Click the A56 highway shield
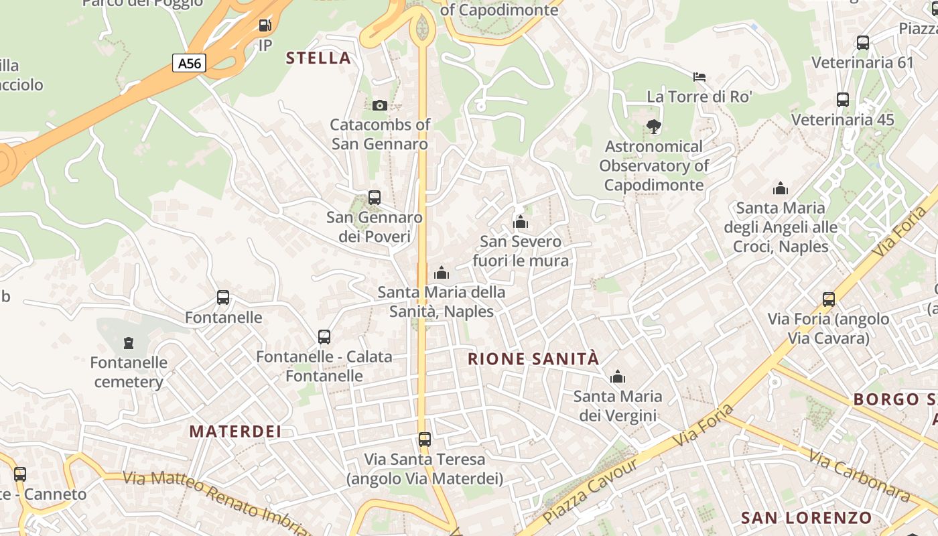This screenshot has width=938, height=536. pyautogui.click(x=189, y=64)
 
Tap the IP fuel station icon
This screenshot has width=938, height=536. pyautogui.click(x=265, y=26)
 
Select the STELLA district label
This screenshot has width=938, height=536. pyautogui.click(x=318, y=58)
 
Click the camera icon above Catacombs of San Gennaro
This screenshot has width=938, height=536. pyautogui.click(x=380, y=105)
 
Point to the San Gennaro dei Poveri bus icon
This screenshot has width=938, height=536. pyautogui.click(x=375, y=198)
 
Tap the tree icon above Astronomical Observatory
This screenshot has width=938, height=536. pyautogui.click(x=653, y=127)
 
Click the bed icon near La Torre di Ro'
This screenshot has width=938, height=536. pyautogui.click(x=699, y=77)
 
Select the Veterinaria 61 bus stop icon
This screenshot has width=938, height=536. pyautogui.click(x=863, y=43)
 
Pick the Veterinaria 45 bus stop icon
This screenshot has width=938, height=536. pyautogui.click(x=843, y=100)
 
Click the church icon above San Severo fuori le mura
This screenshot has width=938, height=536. pyautogui.click(x=521, y=222)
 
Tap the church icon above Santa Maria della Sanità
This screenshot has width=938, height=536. pyautogui.click(x=442, y=273)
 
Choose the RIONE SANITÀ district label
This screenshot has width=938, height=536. pyautogui.click(x=533, y=359)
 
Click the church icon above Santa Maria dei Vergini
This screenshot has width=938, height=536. pyautogui.click(x=618, y=377)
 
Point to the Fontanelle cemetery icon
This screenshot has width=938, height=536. pyautogui.click(x=129, y=344)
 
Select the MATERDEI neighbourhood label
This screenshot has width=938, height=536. pyautogui.click(x=235, y=431)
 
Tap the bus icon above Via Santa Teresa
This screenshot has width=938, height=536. pyautogui.click(x=425, y=440)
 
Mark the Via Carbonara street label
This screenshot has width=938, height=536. pyautogui.click(x=860, y=475)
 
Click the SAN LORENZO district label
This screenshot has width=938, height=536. pyautogui.click(x=806, y=518)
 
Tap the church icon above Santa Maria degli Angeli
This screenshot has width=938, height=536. pyautogui.click(x=781, y=189)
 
